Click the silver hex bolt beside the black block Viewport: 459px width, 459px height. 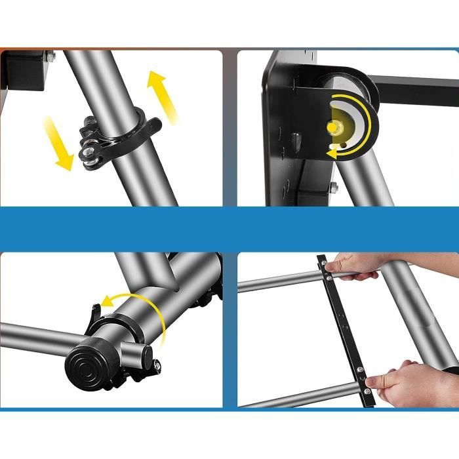52,58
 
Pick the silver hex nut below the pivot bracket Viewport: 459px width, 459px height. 334,188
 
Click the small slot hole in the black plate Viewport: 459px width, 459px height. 296,138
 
